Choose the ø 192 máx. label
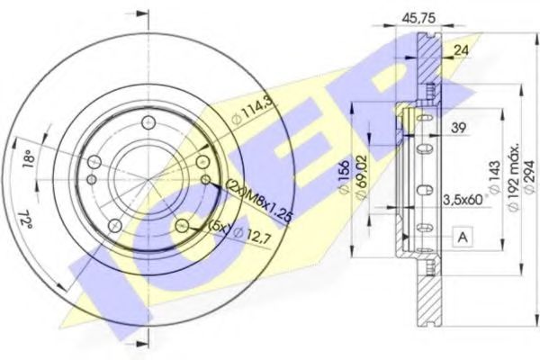tap(513, 175)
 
